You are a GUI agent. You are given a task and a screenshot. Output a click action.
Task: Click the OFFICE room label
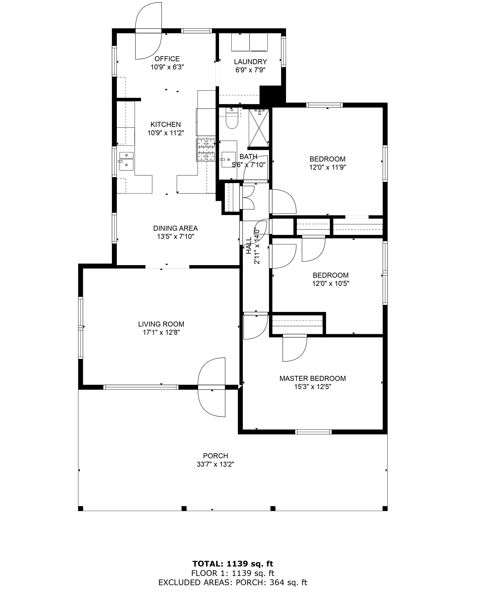pyautogui.click(x=167, y=59)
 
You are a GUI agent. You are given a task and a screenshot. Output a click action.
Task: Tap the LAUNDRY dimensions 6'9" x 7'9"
pyautogui.click(x=250, y=70)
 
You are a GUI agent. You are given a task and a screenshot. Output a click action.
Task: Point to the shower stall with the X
pyautogui.click(x=259, y=128)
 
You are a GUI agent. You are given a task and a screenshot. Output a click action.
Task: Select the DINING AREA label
pyautogui.click(x=175, y=228)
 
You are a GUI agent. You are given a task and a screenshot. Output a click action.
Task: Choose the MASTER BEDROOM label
pyautogui.click(x=313, y=378)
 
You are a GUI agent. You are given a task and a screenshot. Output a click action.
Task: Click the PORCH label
pyautogui.click(x=216, y=456)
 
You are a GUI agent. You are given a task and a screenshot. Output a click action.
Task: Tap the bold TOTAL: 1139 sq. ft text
pyautogui.click(x=233, y=564)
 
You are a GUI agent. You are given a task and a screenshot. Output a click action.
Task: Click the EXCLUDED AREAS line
pyautogui.click(x=233, y=582)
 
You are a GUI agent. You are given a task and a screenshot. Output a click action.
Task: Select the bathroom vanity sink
pyautogui.click(x=229, y=159)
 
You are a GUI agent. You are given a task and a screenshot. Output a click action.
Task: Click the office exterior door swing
pyautogui.click(x=148, y=31)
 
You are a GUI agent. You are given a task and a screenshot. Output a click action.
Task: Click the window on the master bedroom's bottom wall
pyautogui.click(x=313, y=432)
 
